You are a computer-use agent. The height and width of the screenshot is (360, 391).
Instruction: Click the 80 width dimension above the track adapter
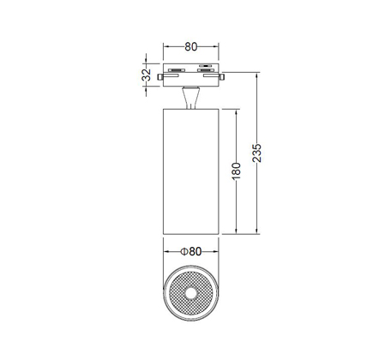[x=191, y=46]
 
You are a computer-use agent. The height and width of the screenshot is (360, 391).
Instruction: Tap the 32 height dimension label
[x=147, y=75]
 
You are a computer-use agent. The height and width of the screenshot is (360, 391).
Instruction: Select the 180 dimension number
[x=236, y=171]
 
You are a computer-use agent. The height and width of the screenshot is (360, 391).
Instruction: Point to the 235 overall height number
[x=256, y=153]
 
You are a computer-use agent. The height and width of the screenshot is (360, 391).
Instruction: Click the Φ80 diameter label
[x=191, y=251]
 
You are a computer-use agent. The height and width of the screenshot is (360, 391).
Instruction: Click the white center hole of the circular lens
[x=190, y=293]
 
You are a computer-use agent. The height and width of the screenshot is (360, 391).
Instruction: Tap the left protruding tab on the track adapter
[x=160, y=77]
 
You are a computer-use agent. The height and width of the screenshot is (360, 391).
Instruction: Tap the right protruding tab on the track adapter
[x=221, y=77]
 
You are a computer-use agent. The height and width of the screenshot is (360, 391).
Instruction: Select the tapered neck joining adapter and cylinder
[x=190, y=98]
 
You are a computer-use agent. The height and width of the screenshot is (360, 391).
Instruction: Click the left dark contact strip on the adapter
[x=177, y=70]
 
